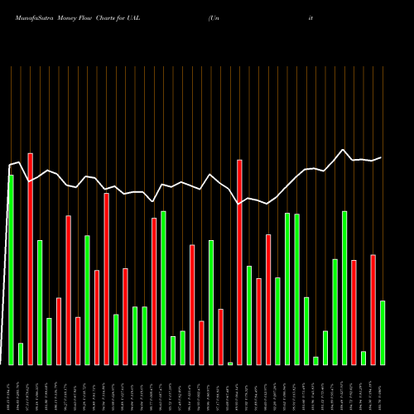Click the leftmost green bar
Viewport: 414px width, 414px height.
pos(11,269)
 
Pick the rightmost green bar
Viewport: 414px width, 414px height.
pos(383,332)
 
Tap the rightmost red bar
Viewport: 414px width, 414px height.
pos(373,309)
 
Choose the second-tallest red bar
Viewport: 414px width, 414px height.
pos(239,262)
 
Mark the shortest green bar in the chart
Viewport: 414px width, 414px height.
pos(230,363)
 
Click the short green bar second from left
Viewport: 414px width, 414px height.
pos(21,354)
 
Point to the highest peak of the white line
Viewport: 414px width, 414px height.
pos(344,150)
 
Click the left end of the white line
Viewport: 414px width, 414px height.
pos(8,165)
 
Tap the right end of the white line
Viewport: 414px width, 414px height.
pos(382,157)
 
